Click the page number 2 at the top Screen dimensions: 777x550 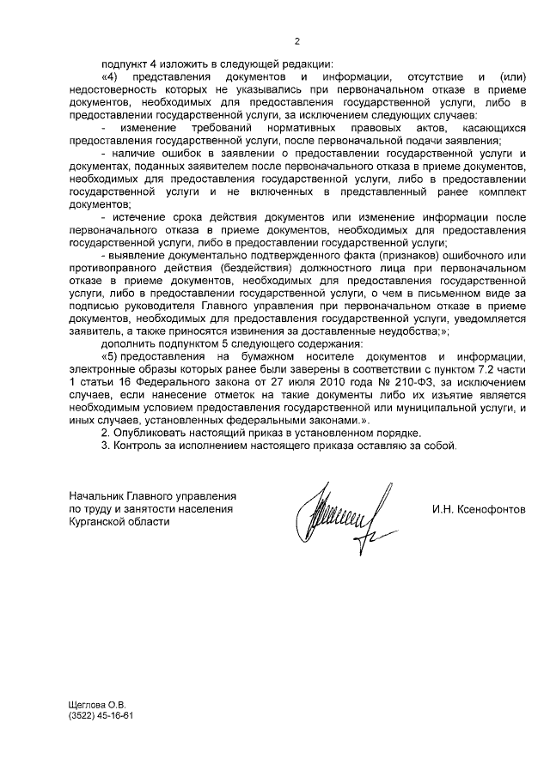[x=297, y=41]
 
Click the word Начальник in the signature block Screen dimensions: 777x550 [x=97, y=497]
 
